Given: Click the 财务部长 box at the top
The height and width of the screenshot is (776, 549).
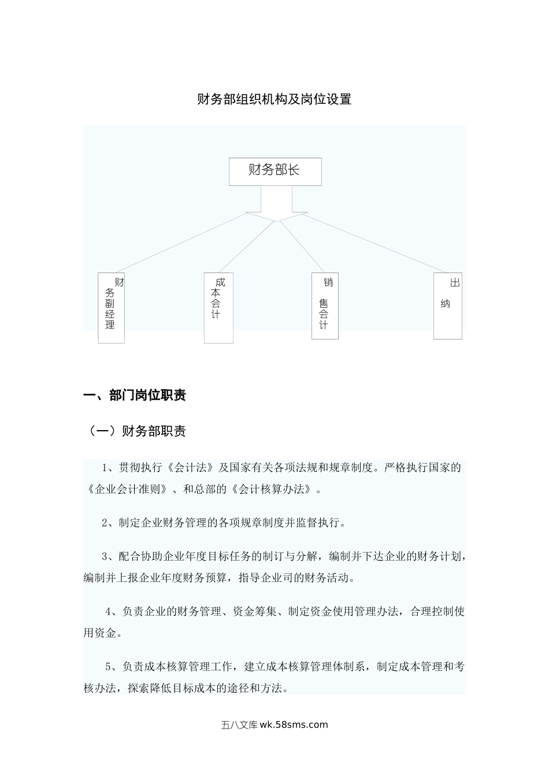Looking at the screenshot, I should [x=275, y=171].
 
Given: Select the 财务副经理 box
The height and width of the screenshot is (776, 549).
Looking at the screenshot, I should [x=111, y=308].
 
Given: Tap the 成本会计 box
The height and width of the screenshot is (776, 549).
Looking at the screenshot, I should [x=218, y=308].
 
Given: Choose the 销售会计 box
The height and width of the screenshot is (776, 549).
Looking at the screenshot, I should [x=325, y=305].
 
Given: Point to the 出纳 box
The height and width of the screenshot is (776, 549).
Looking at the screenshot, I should [x=448, y=305].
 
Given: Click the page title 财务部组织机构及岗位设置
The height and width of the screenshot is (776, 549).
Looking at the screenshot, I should [x=274, y=99].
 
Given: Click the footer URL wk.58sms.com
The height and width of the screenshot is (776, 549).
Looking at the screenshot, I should [x=294, y=725].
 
